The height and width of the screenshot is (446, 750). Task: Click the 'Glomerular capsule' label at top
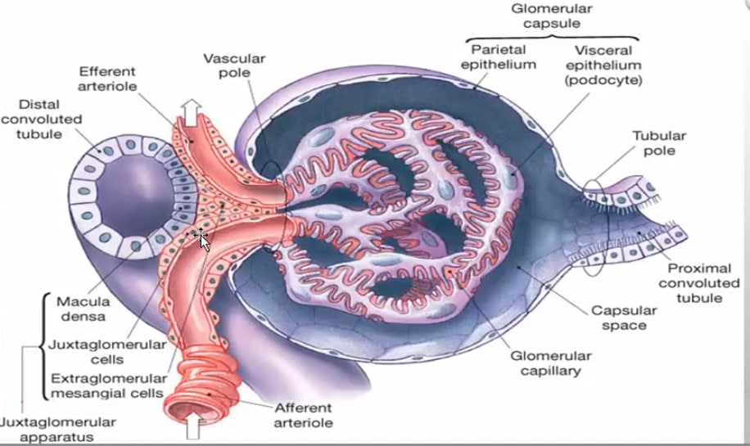[552, 16]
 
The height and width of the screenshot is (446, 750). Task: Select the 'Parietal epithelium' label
[499, 57]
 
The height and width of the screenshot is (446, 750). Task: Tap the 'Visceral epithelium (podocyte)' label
[603, 65]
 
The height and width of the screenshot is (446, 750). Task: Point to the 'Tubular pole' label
[659, 143]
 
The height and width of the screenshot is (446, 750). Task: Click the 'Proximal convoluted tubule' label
[698, 283]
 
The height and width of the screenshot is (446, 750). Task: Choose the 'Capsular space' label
[624, 318]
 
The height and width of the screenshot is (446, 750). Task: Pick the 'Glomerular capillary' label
[550, 363]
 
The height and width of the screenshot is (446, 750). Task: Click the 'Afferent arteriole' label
[303, 416]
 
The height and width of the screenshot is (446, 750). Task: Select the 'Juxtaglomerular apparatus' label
[57, 430]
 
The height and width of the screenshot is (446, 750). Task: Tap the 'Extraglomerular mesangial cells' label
[108, 385]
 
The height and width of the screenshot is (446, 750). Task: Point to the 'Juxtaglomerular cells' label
[107, 351]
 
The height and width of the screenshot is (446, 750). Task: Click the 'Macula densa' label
[84, 309]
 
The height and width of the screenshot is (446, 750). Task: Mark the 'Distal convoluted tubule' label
[41, 119]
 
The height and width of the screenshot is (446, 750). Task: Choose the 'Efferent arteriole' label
[107, 79]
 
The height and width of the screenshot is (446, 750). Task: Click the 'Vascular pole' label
[234, 65]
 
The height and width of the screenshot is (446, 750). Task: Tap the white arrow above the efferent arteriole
[192, 112]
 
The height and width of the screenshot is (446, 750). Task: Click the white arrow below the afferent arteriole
[192, 426]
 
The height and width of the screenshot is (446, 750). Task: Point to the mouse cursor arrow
[203, 241]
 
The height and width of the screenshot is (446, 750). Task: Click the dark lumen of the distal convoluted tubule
[135, 195]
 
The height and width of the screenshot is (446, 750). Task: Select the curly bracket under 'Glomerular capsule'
[552, 38]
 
